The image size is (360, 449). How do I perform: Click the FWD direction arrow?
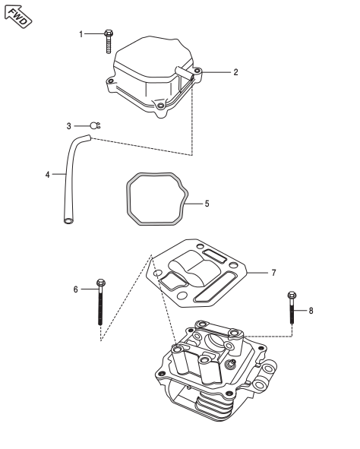point(18,16)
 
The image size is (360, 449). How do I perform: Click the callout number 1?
point(81,34)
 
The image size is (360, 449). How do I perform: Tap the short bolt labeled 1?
point(109,41)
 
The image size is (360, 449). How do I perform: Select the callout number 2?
point(235,72)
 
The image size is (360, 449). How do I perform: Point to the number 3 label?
point(68,126)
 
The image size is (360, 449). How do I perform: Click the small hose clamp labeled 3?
point(95,125)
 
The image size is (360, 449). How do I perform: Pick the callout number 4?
point(48,175)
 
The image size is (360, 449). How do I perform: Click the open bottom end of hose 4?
point(68,221)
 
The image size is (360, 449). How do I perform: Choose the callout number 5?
point(207,204)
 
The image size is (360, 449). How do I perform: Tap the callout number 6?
point(75,289)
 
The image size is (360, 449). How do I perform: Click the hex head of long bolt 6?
point(101,283)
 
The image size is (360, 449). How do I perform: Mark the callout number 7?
point(273,273)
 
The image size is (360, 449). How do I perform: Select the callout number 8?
point(311,311)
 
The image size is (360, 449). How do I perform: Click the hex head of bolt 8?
point(292,296)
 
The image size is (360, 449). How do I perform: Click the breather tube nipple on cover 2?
point(185,73)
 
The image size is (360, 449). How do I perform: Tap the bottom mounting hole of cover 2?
point(161,106)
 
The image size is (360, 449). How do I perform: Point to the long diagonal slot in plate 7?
point(214,287)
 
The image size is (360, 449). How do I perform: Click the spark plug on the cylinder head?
point(230,364)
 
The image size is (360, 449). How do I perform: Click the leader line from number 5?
point(193,204)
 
